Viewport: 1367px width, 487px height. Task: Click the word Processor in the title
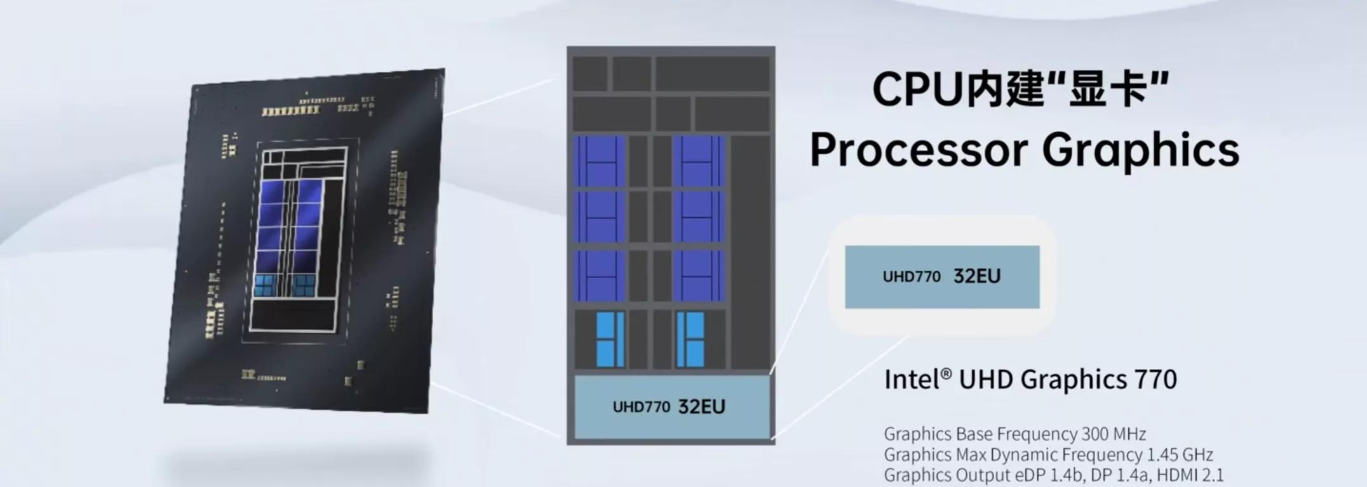(919, 150)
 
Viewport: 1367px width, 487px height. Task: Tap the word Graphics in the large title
(1140, 150)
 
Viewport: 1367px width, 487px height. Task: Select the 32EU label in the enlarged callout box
(977, 276)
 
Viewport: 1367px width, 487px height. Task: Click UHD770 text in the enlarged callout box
(912, 277)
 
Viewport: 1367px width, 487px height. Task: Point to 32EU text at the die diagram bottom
(702, 406)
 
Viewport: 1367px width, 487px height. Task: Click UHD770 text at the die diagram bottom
(642, 407)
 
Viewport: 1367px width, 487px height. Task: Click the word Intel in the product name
(913, 380)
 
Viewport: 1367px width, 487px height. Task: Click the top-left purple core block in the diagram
(600, 161)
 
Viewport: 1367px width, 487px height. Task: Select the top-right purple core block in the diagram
(699, 161)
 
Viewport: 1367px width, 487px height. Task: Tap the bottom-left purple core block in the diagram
(600, 276)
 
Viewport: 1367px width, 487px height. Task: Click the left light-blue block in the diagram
(610, 339)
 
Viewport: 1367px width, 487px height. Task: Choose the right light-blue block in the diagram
(690, 339)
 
